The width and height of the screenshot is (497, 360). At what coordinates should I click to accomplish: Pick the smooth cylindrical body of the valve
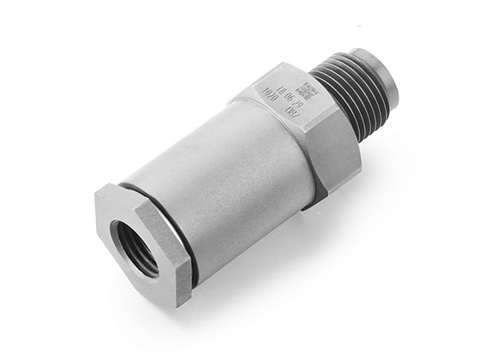pos(223,180)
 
